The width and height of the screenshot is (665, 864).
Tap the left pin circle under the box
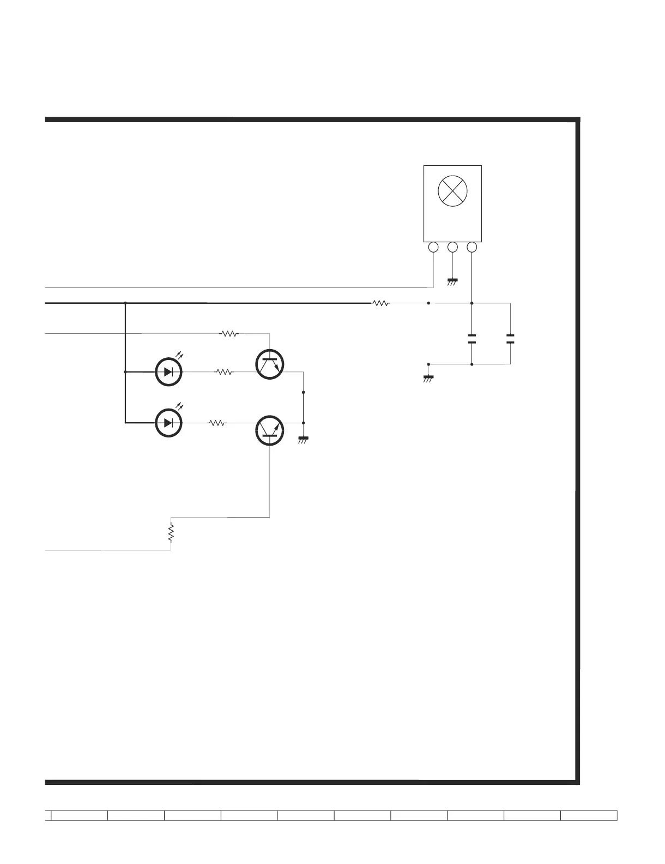[433, 248]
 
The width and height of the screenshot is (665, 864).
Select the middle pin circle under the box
[452, 248]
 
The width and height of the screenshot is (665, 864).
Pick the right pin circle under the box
[472, 248]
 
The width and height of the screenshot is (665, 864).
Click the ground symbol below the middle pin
[452, 282]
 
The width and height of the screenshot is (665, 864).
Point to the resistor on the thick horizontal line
[382, 303]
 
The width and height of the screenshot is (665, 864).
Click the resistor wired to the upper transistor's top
[229, 333]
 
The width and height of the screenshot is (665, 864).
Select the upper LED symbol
[169, 372]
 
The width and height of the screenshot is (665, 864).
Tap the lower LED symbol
[169, 423]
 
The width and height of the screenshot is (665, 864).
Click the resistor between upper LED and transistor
[224, 372]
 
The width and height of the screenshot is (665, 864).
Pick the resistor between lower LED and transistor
[217, 423]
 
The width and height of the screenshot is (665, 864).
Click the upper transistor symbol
[270, 365]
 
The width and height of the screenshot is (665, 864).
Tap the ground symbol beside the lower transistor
[304, 439]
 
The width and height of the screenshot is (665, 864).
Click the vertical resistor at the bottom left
[171, 532]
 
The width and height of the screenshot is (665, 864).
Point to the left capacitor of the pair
[472, 338]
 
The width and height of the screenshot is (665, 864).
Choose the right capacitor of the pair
[510, 338]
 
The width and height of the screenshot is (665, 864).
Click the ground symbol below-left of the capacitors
[428, 378]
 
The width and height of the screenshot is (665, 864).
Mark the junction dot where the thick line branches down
[125, 303]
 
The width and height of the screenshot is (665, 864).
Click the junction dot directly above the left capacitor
[472, 303]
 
